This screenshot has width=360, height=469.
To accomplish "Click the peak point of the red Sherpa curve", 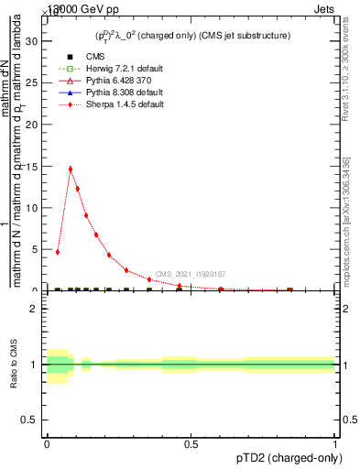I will (x=71, y=169).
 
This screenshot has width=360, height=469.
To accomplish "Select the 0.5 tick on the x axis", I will (x=191, y=444).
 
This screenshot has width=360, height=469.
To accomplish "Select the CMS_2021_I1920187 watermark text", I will (x=191, y=274).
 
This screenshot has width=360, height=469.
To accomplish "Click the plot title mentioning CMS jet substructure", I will (x=192, y=36).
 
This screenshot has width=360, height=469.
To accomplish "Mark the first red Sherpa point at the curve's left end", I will (x=58, y=252).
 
